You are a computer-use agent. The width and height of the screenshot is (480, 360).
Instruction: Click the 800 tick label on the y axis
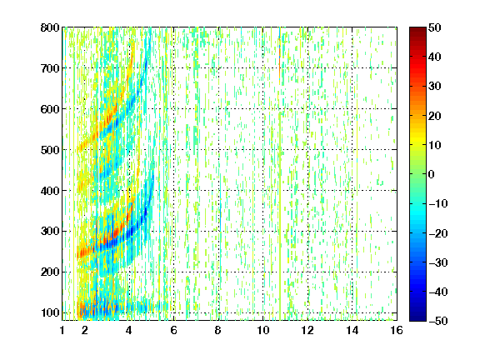point(50,27)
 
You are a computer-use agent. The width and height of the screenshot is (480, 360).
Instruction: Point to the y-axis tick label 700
point(50,68)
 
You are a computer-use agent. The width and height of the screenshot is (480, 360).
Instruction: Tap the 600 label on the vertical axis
point(50,109)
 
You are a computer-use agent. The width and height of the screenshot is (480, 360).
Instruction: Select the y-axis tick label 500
point(50,150)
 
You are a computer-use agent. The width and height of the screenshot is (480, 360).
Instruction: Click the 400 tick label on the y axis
point(50,191)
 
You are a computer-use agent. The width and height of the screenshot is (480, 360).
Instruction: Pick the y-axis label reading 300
point(50,232)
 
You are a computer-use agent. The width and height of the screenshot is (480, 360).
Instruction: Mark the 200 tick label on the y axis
point(50,272)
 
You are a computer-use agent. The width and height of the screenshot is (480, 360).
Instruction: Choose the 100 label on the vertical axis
point(50,312)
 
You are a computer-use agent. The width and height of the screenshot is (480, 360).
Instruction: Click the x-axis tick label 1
point(62,330)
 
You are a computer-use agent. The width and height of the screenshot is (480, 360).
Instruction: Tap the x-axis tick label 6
point(174,330)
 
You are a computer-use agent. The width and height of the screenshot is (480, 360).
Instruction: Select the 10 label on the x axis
point(263,330)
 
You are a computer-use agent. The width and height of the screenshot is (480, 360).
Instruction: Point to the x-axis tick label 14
point(352,330)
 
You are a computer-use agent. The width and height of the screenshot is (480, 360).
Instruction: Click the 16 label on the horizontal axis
point(397,330)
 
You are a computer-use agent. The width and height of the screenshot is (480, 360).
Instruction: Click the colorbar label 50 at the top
point(434,27)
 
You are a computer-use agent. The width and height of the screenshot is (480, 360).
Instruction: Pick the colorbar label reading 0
point(432,174)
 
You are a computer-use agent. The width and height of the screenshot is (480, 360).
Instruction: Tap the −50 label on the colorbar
point(438,321)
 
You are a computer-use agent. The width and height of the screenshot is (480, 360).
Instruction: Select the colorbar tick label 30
point(434,87)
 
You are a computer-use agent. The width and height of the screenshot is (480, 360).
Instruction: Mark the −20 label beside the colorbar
point(438,233)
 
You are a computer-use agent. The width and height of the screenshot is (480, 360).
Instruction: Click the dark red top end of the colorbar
point(417,29)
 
